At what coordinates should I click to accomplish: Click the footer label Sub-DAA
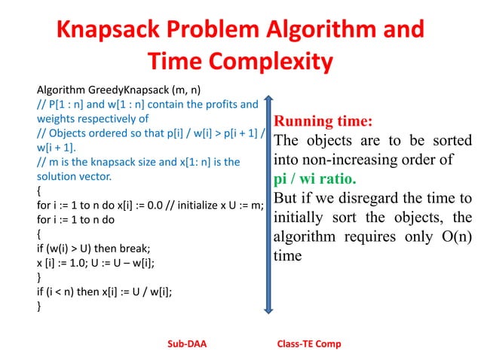pos(186,344)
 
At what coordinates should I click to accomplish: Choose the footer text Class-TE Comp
pos(309,344)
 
